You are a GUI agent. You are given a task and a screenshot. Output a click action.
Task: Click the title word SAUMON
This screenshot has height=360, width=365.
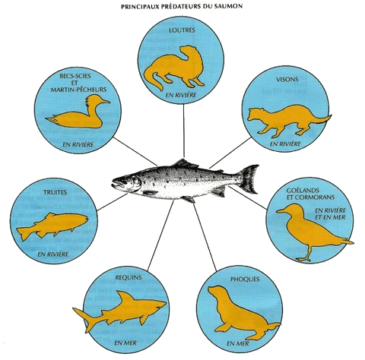pos(230,6)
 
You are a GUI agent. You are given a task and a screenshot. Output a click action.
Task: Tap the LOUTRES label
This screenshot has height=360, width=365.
pos(182,30)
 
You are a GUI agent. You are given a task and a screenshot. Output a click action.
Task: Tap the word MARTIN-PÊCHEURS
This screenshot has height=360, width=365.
pos(78,90)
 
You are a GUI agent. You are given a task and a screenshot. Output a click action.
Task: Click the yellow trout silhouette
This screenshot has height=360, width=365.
pos(52,226)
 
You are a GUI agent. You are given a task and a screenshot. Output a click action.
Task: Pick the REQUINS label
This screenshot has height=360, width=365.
pos(129,277)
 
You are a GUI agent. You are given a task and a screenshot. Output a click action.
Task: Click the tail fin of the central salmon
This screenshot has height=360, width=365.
pos(249,179)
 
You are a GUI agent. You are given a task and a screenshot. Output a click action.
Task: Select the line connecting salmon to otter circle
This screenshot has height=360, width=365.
pos(184,131)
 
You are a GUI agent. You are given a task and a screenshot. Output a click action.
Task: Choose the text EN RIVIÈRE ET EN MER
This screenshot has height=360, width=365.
pos(330,213)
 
